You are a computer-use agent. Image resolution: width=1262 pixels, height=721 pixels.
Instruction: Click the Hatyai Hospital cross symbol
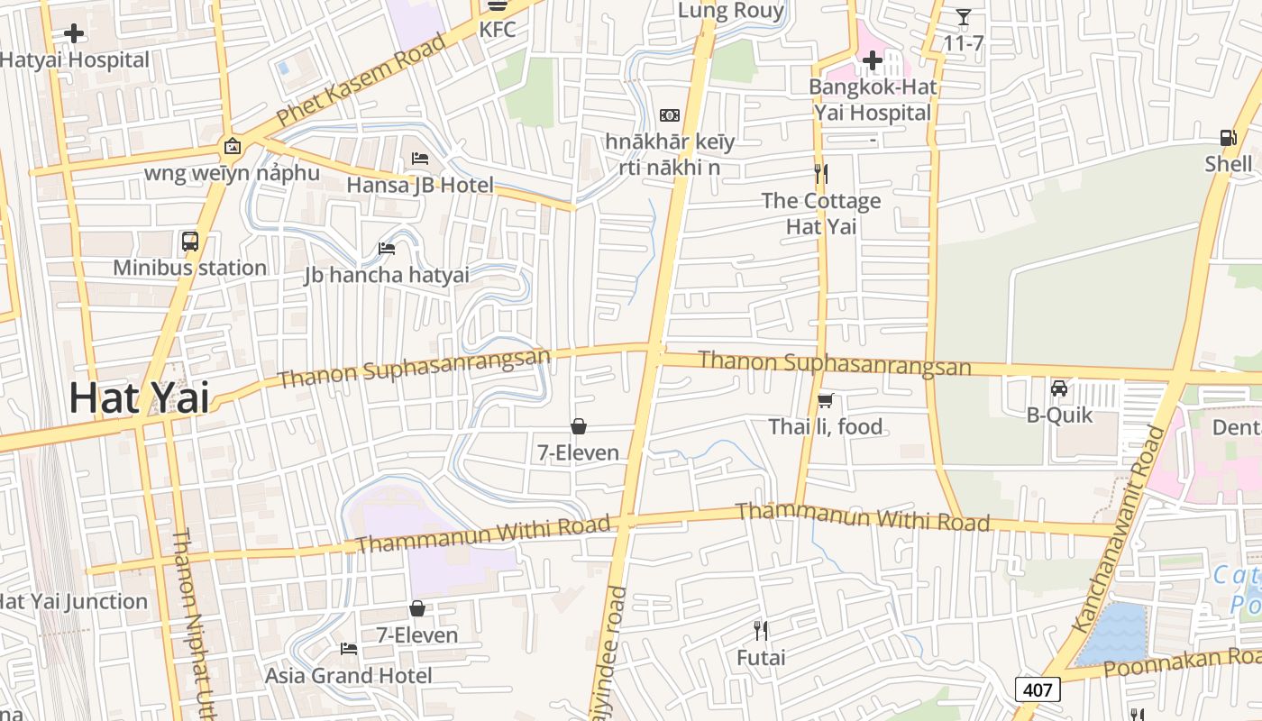point(74,34)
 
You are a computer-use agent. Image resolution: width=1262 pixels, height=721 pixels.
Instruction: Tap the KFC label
point(498,30)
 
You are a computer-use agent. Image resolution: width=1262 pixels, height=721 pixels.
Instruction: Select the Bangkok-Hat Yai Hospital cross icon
point(872,61)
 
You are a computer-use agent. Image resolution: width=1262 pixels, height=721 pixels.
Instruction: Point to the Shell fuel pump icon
point(1228,138)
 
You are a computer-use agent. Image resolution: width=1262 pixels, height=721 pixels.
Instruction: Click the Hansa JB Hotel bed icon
point(420,159)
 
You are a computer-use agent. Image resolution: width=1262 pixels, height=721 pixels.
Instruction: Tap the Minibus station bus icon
point(189,242)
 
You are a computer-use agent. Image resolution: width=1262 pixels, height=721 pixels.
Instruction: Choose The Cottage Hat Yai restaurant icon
point(820,173)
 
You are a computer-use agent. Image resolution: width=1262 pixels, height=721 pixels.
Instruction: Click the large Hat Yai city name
point(139,397)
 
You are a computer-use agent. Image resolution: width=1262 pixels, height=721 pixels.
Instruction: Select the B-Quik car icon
point(1059,388)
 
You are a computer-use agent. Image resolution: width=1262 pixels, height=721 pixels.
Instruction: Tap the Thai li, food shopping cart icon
point(825,400)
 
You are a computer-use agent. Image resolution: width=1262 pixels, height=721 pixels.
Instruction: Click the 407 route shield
point(1038,690)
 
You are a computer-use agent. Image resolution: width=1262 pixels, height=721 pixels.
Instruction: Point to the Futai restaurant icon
point(761,630)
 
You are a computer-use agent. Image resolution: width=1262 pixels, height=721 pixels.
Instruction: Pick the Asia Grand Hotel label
point(348,675)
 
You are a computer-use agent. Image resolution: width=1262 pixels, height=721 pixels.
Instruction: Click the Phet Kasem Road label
point(361,80)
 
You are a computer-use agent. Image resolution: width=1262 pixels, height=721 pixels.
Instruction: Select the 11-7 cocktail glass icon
point(964,17)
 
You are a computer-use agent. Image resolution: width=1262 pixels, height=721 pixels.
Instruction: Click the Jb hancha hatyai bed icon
point(387,249)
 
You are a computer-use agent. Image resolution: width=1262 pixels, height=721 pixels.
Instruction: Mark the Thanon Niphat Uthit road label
point(191,622)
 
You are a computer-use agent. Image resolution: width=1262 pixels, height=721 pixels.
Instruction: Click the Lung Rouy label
point(731,11)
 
